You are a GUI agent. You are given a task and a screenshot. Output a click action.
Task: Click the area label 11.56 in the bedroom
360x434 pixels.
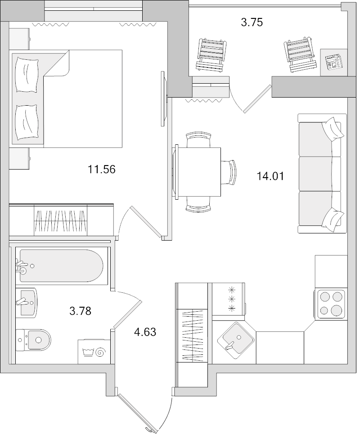click(102, 170)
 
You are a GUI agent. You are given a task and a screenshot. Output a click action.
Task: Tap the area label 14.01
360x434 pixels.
click(270, 176)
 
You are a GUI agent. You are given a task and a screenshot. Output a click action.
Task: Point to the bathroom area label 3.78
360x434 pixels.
click(81, 310)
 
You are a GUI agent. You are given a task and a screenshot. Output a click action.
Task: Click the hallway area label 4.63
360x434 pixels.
click(145, 332)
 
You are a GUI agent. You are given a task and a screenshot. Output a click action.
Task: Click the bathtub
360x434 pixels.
click(61, 266)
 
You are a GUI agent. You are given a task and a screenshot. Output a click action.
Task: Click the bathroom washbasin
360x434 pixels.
click(27, 302)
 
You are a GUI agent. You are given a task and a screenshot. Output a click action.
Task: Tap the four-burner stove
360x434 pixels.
click(331, 303)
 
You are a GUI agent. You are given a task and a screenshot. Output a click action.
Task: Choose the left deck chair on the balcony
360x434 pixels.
click(211, 54)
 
